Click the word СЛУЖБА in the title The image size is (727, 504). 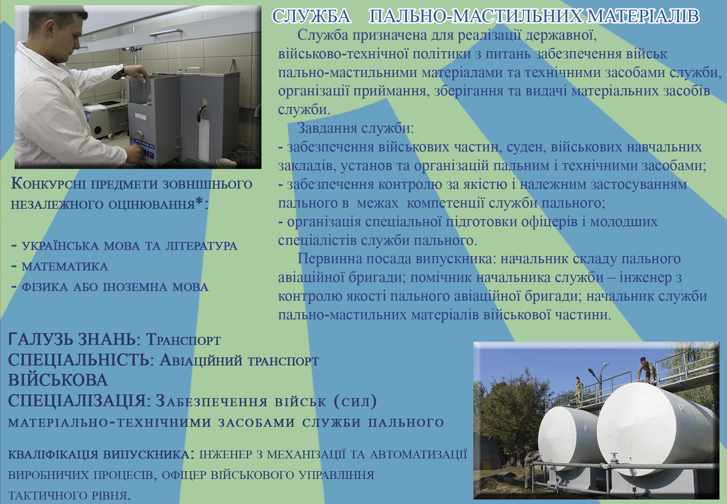(311, 16)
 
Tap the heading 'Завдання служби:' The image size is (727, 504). (356, 128)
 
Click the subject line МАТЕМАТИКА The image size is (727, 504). (65, 266)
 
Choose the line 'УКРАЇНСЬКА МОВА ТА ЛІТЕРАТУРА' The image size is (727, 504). (130, 246)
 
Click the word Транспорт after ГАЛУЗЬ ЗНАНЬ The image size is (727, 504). (183, 339)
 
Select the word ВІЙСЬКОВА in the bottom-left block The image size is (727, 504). (58, 380)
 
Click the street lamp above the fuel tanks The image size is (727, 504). (594, 372)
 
